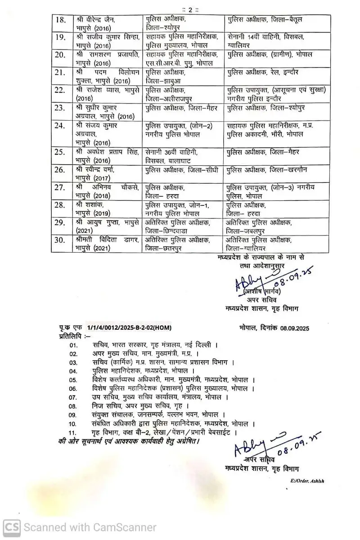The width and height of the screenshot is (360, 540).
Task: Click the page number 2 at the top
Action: tap(180, 9)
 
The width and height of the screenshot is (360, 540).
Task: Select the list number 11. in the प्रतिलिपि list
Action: tap(73, 432)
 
